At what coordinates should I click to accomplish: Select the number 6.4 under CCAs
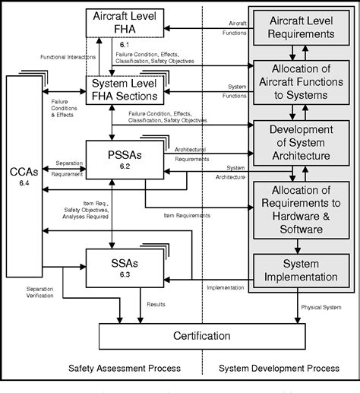pyautogui.click(x=24, y=182)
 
